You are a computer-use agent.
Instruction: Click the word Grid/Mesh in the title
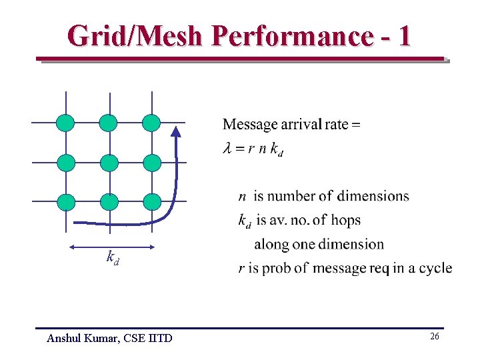pos(134,36)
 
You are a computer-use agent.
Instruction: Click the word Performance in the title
pos(291,36)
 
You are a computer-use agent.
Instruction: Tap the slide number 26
pos(434,337)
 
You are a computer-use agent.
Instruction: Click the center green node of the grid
pos(109,163)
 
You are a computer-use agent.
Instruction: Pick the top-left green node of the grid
pos(65,123)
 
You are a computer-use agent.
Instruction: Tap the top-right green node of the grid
pos(152,123)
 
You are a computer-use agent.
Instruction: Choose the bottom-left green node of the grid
pos(65,202)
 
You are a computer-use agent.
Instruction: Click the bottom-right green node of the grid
pos(152,202)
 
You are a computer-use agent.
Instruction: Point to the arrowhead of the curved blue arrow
pos(177,132)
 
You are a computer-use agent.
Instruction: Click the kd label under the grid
pos(113,257)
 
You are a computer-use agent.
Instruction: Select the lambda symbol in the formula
pos(227,149)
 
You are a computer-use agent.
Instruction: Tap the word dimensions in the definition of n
pos(373,196)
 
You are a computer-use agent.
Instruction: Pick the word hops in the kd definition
pos(347,220)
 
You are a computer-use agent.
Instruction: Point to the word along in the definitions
pos(272,244)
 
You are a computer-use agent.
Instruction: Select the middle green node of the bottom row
pos(109,202)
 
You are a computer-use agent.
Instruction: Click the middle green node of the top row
pos(109,123)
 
